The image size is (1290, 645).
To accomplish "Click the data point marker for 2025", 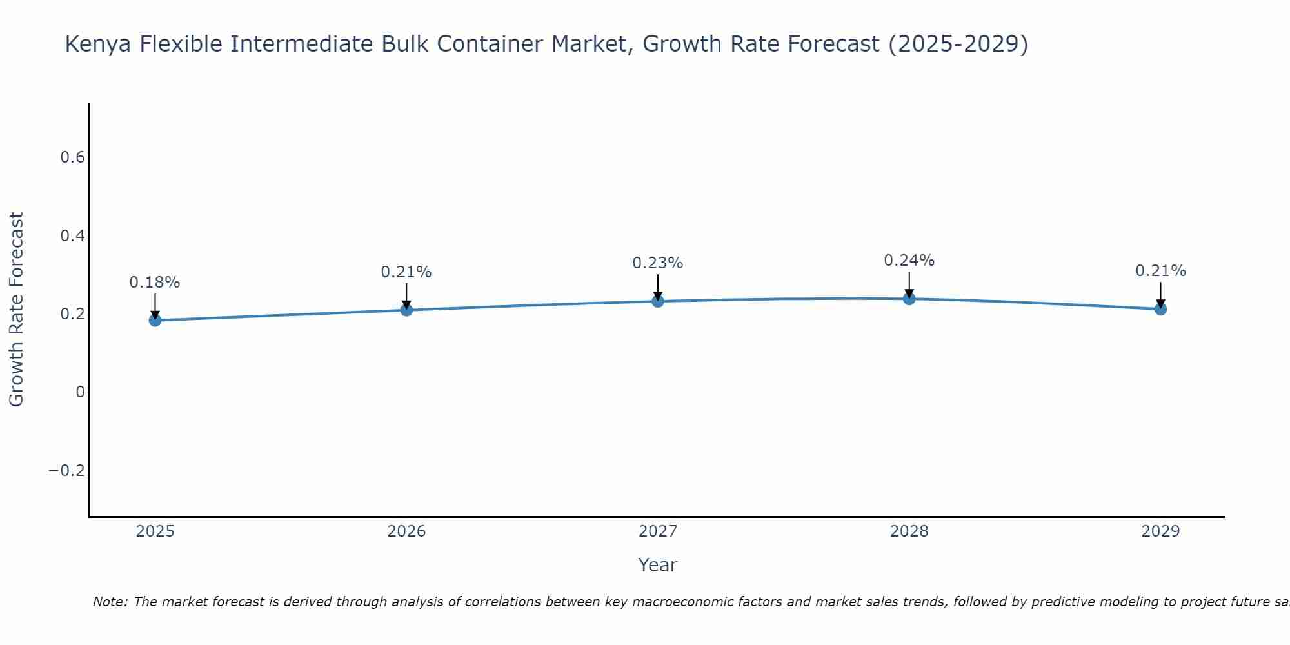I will [155, 320].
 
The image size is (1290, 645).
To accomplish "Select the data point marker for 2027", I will [658, 301].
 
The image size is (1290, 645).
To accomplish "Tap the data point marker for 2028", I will [909, 299].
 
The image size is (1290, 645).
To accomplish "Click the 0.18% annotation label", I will [155, 283].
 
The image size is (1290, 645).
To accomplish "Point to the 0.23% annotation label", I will [658, 263].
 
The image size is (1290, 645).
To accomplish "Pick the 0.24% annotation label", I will [909, 261].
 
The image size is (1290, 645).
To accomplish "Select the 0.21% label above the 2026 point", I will [406, 272].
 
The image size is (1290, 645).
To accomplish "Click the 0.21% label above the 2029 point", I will [1161, 271].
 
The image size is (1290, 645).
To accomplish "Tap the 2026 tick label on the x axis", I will [406, 531].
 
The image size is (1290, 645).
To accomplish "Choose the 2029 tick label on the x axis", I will [1161, 531].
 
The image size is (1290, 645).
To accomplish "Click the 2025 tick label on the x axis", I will [155, 531].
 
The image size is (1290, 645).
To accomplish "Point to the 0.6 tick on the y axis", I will [72, 157].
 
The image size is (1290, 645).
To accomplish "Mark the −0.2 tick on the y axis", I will [66, 471].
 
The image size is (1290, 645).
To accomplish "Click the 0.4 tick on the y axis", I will [72, 236].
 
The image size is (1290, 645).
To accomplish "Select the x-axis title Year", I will [658, 565].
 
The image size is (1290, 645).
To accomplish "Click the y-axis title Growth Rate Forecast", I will [16, 310].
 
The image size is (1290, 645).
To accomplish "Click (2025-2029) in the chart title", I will [958, 44].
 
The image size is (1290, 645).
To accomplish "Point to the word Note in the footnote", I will [109, 602].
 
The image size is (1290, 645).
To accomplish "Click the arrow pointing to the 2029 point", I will [1160, 294].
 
